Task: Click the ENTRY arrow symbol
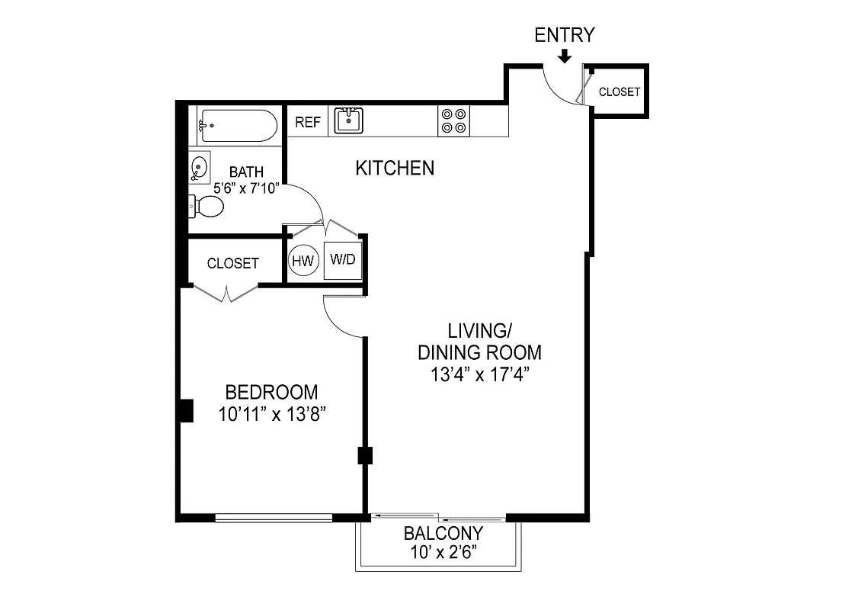[564, 56]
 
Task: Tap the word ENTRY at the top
[564, 35]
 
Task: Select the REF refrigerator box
[308, 122]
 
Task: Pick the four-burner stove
[453, 121]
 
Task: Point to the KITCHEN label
[395, 168]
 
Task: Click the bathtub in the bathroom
[237, 125]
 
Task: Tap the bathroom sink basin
[199, 168]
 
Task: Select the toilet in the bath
[206, 206]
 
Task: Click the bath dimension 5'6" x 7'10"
[246, 188]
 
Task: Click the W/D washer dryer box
[342, 259]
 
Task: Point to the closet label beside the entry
[619, 91]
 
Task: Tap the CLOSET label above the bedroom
[233, 263]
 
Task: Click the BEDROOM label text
[271, 393]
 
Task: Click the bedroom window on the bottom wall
[274, 518]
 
